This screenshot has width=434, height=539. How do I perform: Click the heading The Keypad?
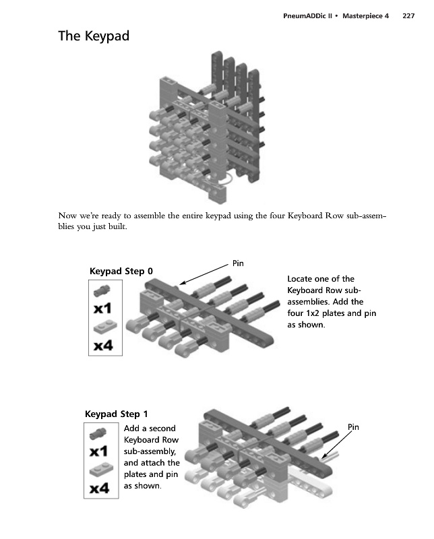point(94,37)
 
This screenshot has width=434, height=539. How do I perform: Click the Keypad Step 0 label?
point(121,272)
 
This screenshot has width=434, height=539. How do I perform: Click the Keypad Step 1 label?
point(117,414)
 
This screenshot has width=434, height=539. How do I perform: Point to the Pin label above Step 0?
point(238,263)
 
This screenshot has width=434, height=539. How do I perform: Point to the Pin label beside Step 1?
point(354,426)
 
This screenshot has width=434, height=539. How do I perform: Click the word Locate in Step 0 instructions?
point(301,279)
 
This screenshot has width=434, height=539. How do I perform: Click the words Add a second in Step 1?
point(150,429)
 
